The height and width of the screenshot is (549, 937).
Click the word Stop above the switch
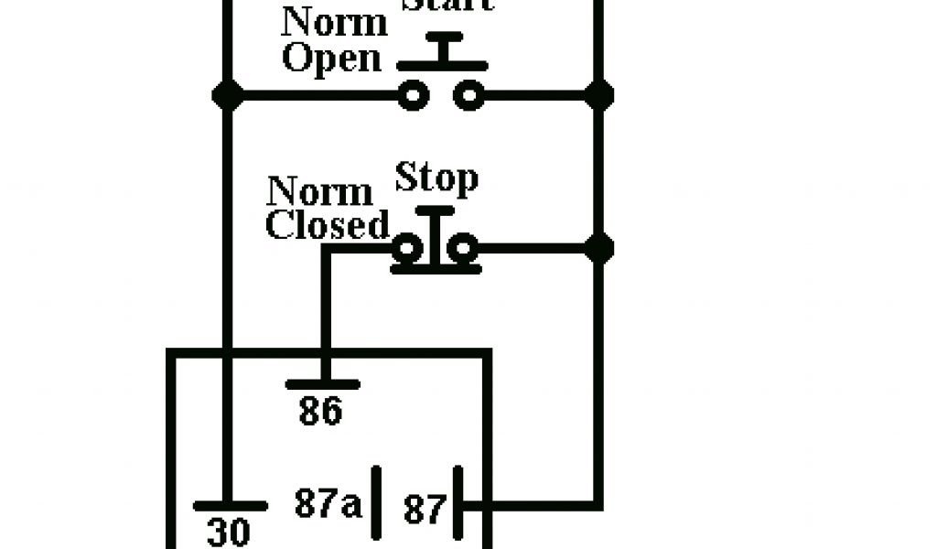[x=436, y=178]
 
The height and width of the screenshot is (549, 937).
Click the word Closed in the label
[x=328, y=225]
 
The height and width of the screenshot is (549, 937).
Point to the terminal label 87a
[x=328, y=503]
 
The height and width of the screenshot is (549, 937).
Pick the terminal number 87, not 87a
[x=425, y=510]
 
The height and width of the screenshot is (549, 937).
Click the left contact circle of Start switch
[x=414, y=94]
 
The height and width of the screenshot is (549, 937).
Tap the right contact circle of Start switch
[x=469, y=94]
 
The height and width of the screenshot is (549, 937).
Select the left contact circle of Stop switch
[x=408, y=247]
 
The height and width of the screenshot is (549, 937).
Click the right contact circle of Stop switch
[x=464, y=247]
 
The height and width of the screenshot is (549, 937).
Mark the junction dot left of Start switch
[x=226, y=94]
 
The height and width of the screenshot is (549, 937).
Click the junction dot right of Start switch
[x=599, y=94]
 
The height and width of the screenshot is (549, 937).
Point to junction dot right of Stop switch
[x=599, y=247]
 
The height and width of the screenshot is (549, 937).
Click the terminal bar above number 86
[x=322, y=384]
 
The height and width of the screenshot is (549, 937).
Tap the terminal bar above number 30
[x=230, y=506]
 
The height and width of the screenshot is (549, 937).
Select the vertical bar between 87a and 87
[x=375, y=503]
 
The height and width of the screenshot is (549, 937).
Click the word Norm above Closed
[x=320, y=193]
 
